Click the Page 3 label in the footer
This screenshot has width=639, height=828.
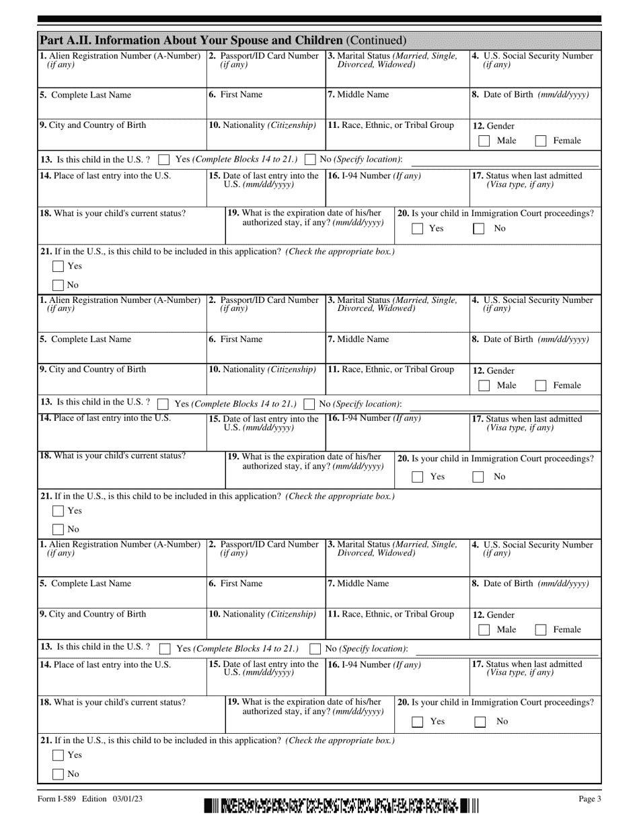(x=590, y=799)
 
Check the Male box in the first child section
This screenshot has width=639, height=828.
(x=484, y=141)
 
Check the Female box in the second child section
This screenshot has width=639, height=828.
(x=541, y=386)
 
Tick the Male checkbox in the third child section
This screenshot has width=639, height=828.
(x=484, y=630)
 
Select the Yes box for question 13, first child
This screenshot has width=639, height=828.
(x=163, y=160)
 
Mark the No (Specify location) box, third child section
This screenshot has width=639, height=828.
(x=315, y=649)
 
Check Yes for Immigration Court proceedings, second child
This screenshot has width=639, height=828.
(x=418, y=477)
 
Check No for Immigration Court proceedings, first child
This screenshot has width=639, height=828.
(x=478, y=229)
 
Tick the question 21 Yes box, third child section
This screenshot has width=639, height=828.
(x=59, y=755)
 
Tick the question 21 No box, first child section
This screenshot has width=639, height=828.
(x=59, y=285)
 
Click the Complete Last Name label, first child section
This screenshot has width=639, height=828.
(x=85, y=95)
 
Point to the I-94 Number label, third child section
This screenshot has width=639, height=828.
(x=374, y=665)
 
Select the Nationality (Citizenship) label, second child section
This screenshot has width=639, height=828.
(x=262, y=370)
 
